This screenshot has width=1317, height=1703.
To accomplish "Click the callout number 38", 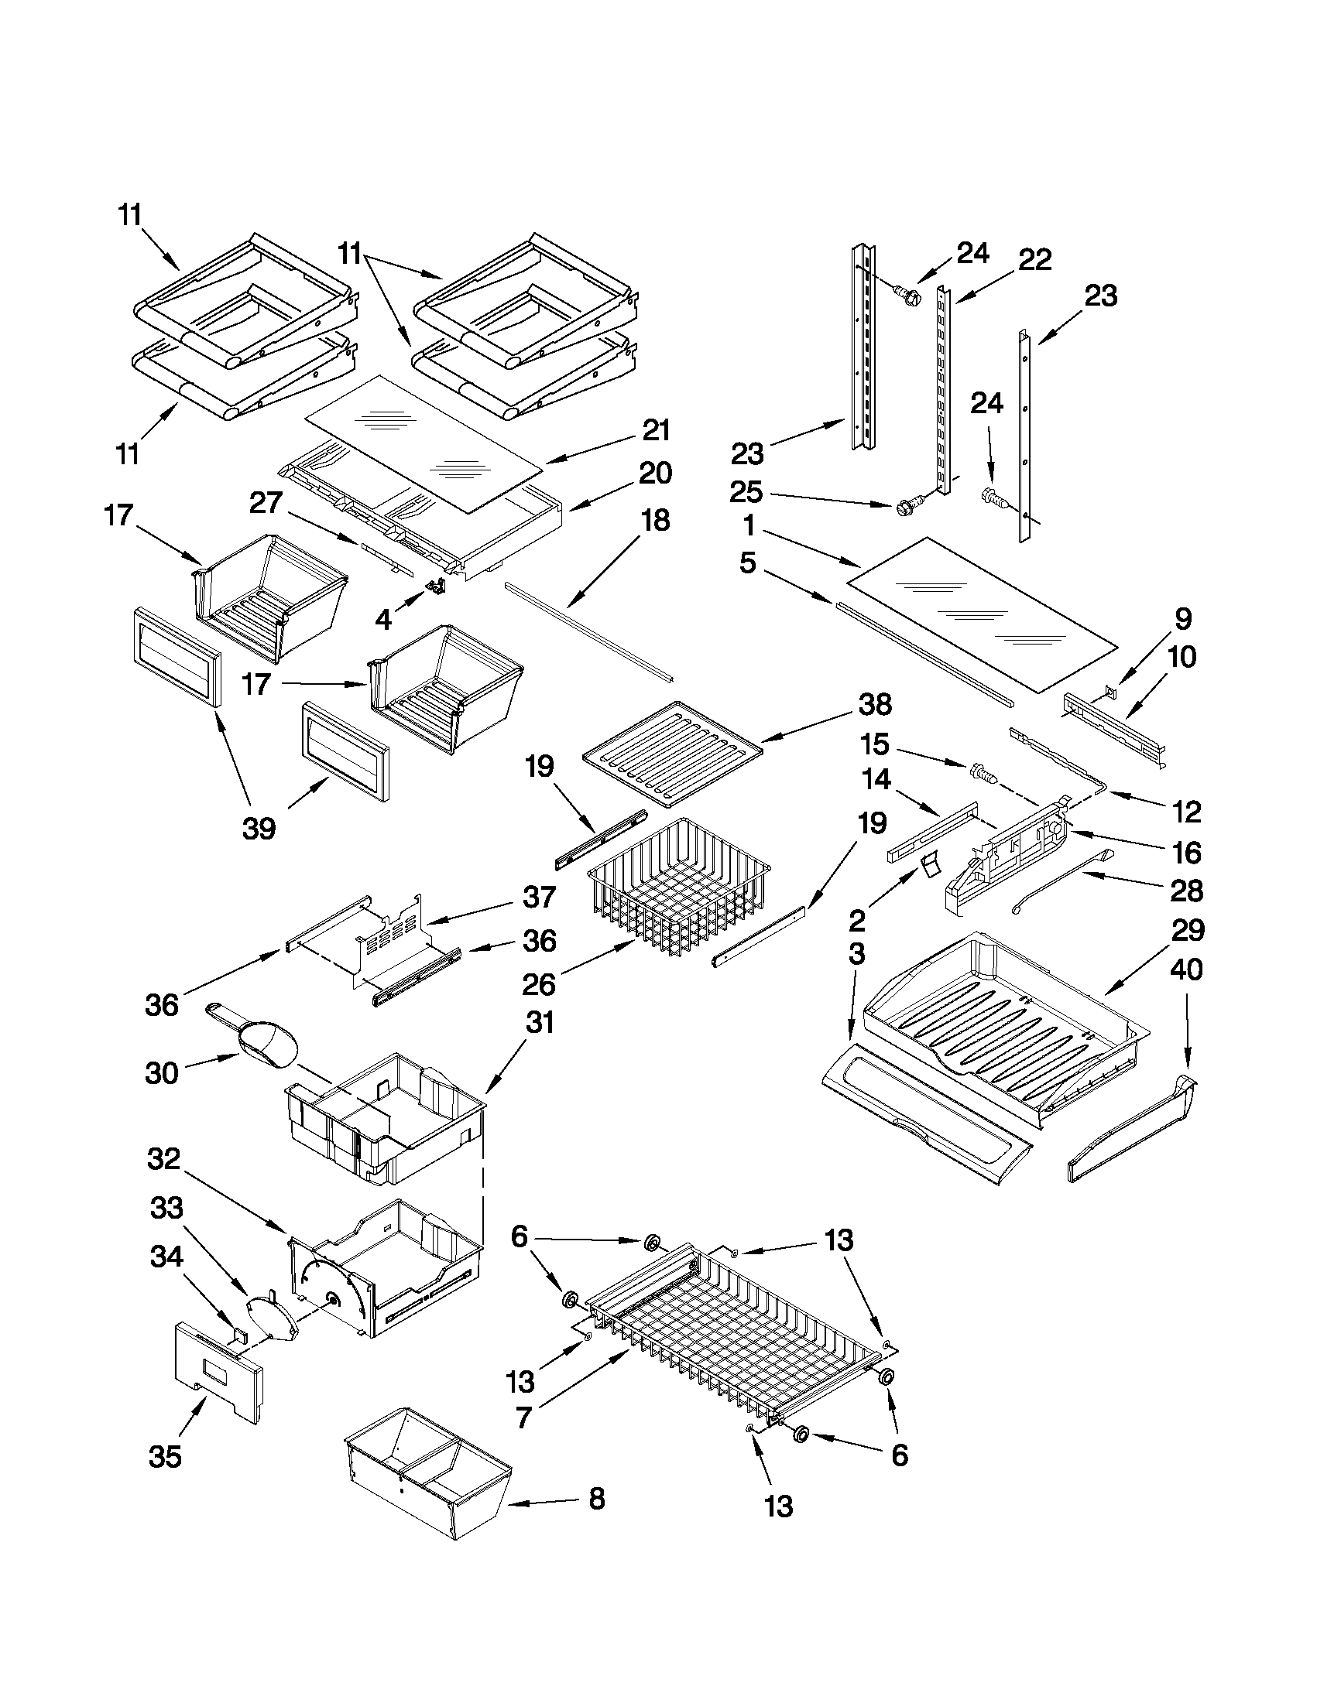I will (874, 704).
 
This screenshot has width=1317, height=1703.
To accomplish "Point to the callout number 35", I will (165, 1456).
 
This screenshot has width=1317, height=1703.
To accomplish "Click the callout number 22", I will (1034, 260).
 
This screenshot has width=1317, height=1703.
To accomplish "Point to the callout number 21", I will (656, 430).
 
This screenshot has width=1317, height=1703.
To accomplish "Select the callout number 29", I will (1187, 929).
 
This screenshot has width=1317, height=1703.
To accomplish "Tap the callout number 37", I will (539, 898).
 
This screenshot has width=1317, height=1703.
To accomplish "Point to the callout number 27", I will (266, 502).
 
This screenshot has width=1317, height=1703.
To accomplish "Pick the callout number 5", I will (747, 563).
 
